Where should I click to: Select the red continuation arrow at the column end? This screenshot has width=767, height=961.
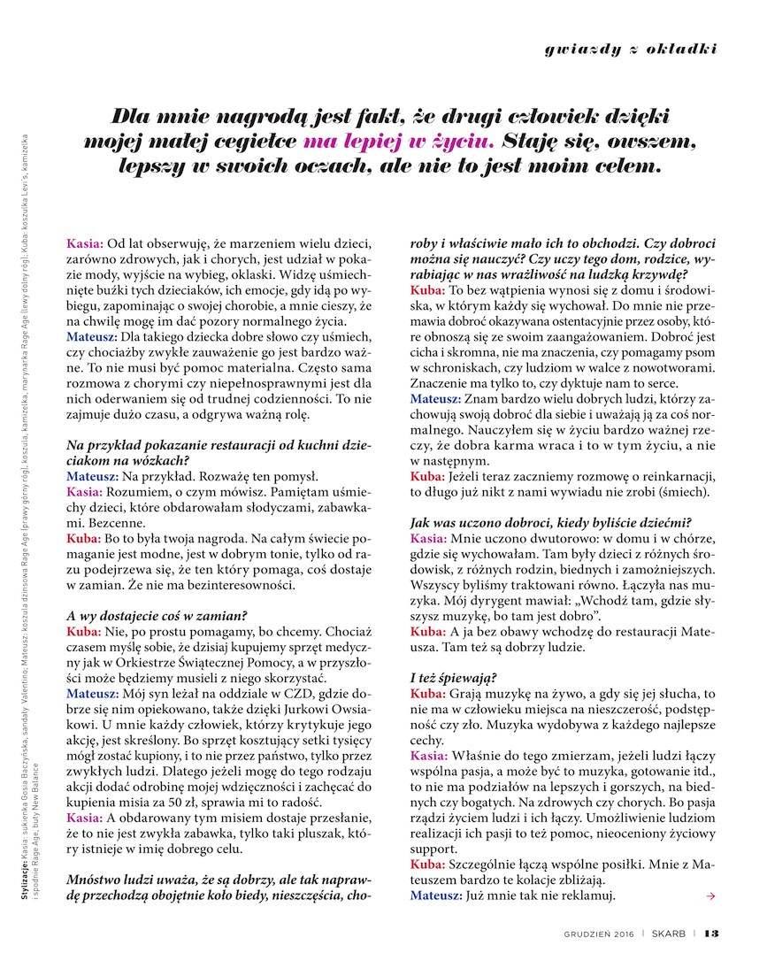tap(711, 896)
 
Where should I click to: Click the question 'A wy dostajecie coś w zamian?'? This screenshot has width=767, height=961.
tap(157, 616)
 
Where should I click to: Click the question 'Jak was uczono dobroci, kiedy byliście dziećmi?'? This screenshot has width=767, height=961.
tap(550, 522)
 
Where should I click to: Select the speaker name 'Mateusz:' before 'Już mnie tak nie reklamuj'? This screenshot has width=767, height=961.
tap(435, 896)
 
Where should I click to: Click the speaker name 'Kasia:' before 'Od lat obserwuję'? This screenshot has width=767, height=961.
tap(85, 242)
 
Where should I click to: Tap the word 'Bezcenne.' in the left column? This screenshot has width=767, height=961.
tap(95, 522)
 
